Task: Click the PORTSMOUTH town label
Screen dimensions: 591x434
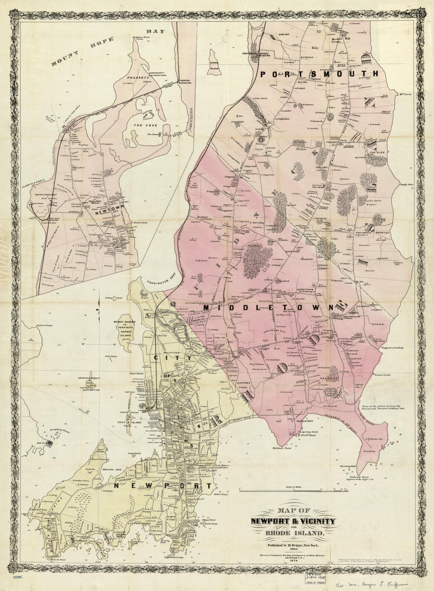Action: (x=319, y=74)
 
